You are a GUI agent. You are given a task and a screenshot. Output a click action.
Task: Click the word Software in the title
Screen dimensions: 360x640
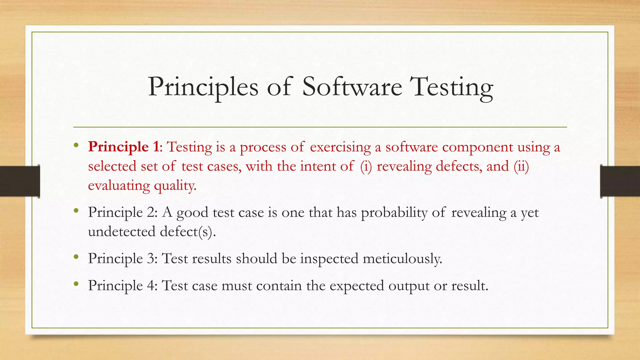click(x=352, y=87)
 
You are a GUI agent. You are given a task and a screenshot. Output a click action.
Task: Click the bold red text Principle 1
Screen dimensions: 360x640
click(x=123, y=147)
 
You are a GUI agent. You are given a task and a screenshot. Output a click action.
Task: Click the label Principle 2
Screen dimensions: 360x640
click(x=122, y=212)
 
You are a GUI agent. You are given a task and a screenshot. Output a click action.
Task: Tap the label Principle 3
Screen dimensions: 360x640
click(x=122, y=259)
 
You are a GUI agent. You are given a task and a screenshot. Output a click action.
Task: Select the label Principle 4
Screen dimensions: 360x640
click(x=122, y=286)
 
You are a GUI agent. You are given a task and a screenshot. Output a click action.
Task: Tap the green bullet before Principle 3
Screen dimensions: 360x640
click(x=76, y=257)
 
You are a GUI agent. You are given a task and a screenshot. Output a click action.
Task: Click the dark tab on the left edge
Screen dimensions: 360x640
click(x=20, y=181)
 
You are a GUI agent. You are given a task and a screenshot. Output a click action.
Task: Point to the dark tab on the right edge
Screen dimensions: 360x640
click(x=620, y=181)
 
